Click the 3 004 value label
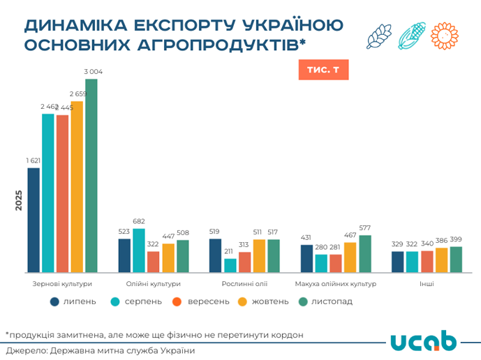[x=93, y=72]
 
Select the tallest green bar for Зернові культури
[x=91, y=174]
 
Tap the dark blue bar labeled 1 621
[x=34, y=220]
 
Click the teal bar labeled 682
[x=139, y=250]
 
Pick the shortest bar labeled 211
[x=230, y=265]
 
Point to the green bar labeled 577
[x=365, y=253]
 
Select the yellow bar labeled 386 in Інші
[x=441, y=260]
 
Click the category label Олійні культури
[x=154, y=284]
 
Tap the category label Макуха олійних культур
[x=336, y=284]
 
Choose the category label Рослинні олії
[x=244, y=284]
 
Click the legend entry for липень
[x=73, y=301]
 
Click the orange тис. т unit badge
[x=323, y=70]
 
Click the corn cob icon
[x=412, y=36]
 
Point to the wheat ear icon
[x=379, y=36]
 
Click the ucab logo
[x=423, y=341]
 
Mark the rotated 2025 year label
[x=19, y=201]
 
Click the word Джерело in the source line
[x=24, y=350]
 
